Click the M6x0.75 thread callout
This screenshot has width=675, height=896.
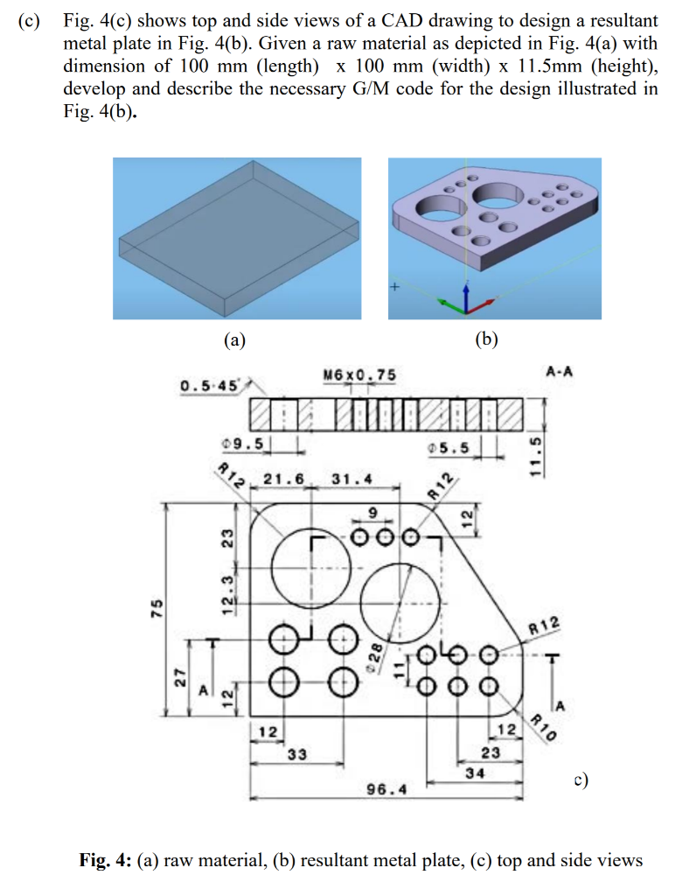point(358,375)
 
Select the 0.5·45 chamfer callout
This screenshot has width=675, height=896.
point(209,386)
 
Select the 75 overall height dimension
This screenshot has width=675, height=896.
point(157,608)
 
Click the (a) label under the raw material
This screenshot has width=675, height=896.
point(233,339)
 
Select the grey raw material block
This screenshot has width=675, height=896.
point(236,239)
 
